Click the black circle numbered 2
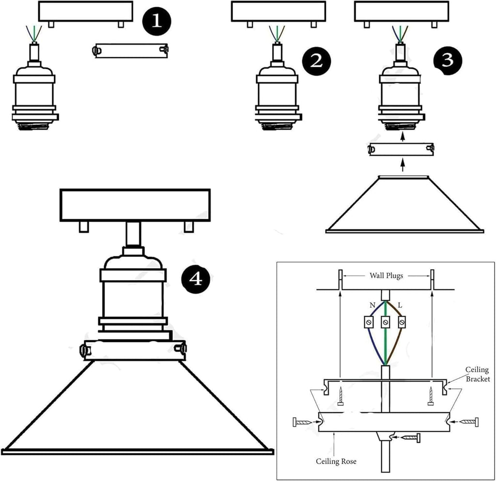[x=315, y=61]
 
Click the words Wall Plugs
[x=386, y=276]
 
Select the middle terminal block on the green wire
[x=386, y=322]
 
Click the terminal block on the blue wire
[x=370, y=322]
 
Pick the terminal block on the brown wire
[x=401, y=322]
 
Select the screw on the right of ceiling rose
[x=466, y=422]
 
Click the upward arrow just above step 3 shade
[x=403, y=166]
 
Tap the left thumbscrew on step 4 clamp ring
[x=83, y=349]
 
